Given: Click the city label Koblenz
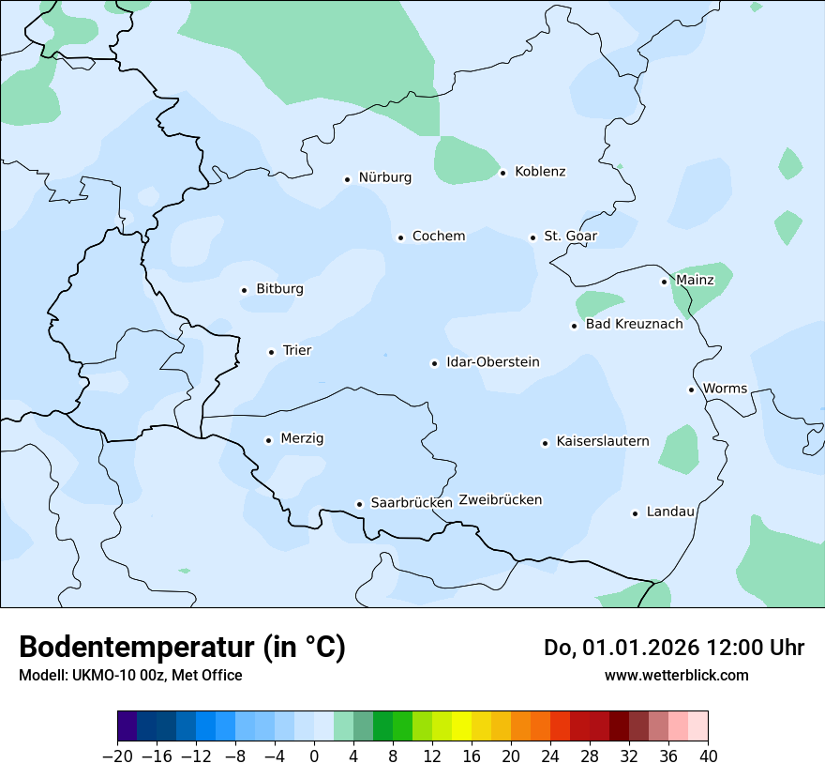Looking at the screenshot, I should pos(540,172).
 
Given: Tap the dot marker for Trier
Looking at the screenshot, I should pos(271,352).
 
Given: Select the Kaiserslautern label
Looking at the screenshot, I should pos(602,441).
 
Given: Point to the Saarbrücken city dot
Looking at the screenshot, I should pos(359,504).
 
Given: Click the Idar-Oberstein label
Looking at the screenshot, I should pos(492,362).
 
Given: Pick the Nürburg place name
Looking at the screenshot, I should pos(384,177).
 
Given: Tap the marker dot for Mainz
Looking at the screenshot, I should pos(664,282).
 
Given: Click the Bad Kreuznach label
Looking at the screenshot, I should pos(634,324).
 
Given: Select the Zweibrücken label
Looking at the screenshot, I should pos(500,500).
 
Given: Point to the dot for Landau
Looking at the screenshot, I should pos(635,513).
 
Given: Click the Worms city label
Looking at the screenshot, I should pos(725,389).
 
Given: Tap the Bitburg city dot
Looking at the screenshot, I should pos(244,291).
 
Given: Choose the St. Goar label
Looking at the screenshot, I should pos(570,237).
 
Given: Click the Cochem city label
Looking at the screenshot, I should pos(438,237).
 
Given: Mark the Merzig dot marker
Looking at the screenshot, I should pos(268,440).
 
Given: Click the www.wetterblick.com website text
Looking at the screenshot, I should pos(676,676).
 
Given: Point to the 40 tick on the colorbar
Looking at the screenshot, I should pos(708,756).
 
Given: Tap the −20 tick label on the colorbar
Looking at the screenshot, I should pos(118,756).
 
